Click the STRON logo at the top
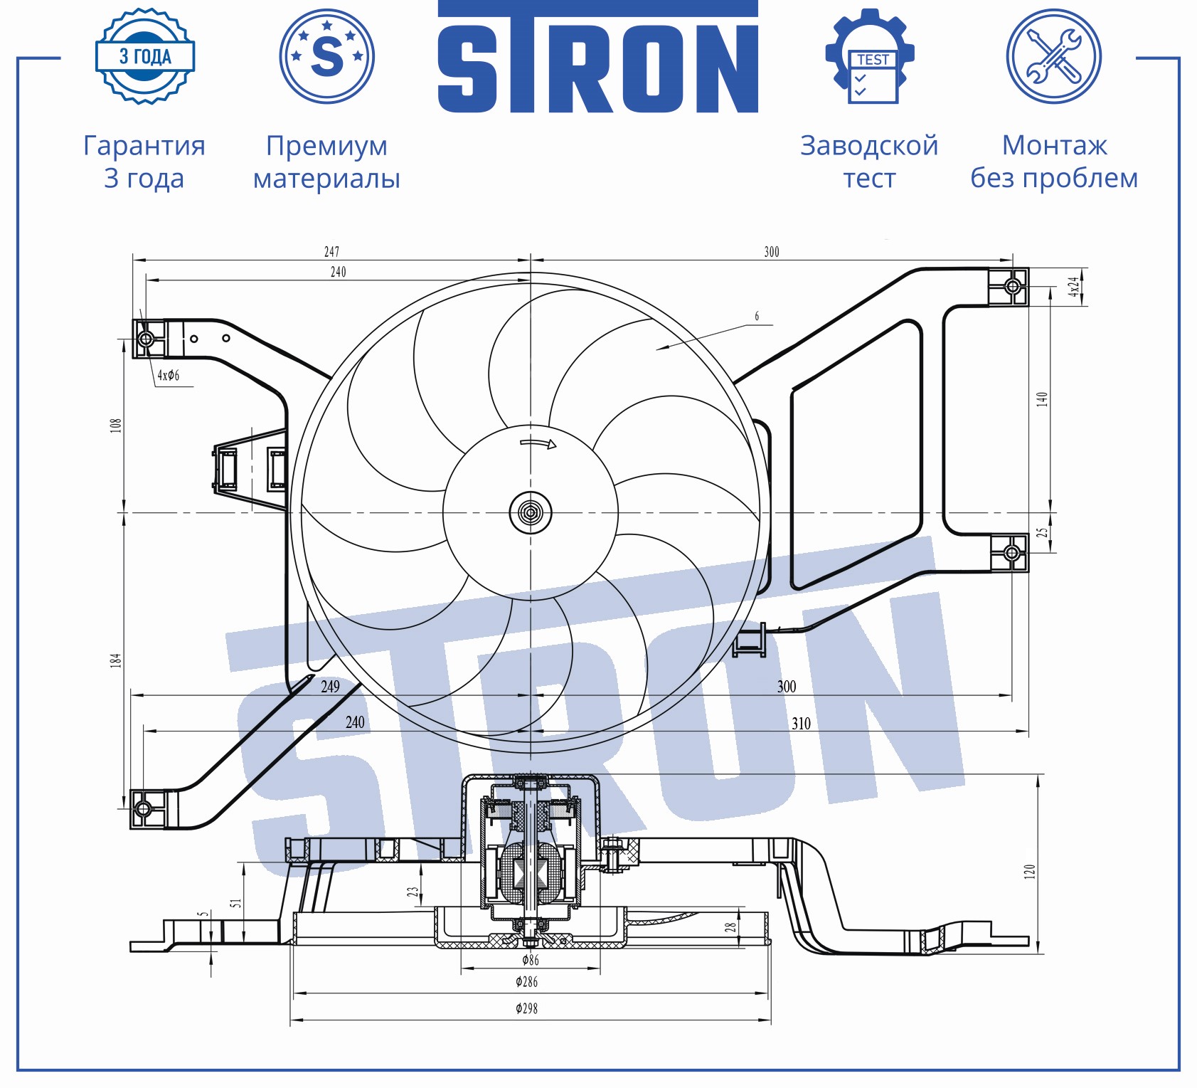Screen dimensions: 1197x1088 coord(597,57)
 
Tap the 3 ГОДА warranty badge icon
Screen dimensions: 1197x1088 coord(145,57)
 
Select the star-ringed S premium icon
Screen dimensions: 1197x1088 coord(327,56)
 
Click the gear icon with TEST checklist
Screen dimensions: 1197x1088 coord(870,57)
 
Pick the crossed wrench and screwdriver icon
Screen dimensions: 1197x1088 coord(1054,56)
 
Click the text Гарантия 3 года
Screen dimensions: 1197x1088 coord(144,162)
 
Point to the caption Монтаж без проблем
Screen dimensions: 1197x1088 coord(1054,162)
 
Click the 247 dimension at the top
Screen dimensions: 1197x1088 coord(331,252)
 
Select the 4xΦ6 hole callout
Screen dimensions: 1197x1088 coord(169,376)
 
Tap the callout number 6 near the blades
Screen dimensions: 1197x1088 coord(757,316)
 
